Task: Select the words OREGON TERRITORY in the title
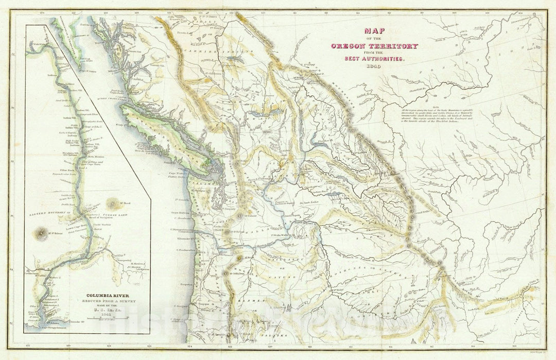point(374,46)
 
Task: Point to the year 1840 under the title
point(374,66)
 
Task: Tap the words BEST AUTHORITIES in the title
point(374,59)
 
